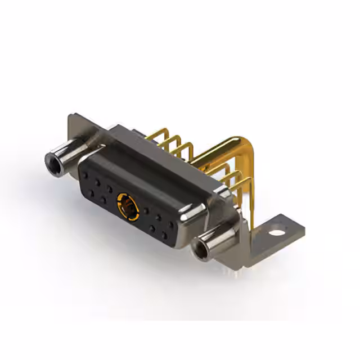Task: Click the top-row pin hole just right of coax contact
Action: pyautogui.click(x=146, y=211)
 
